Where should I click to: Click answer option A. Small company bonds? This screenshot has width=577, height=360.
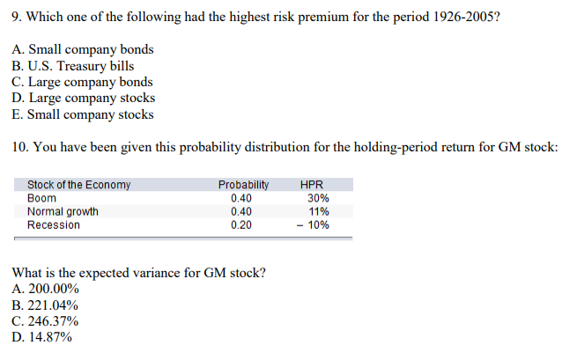click(x=84, y=49)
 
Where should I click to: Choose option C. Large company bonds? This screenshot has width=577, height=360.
click(x=84, y=82)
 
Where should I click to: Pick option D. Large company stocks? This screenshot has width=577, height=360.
click(x=85, y=99)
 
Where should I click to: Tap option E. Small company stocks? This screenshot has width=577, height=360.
click(x=84, y=114)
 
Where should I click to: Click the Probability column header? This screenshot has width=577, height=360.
click(x=243, y=185)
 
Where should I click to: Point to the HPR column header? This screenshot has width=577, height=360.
click(x=312, y=185)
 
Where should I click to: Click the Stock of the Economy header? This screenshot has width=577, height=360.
click(x=78, y=185)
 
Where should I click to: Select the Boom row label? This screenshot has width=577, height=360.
click(x=41, y=198)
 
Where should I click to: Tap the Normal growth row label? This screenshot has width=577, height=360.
click(x=63, y=211)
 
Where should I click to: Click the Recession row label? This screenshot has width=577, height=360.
click(x=54, y=224)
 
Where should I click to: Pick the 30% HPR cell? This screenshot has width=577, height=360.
click(x=318, y=198)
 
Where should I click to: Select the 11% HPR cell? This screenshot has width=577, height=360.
click(x=319, y=211)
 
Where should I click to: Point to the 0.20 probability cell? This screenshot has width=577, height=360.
click(x=240, y=224)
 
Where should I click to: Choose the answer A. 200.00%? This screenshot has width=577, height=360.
click(x=47, y=288)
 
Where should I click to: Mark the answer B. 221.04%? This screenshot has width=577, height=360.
click(x=47, y=305)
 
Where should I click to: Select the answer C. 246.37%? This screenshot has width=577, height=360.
click(x=47, y=320)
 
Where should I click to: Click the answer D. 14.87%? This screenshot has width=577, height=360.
click(x=43, y=336)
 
